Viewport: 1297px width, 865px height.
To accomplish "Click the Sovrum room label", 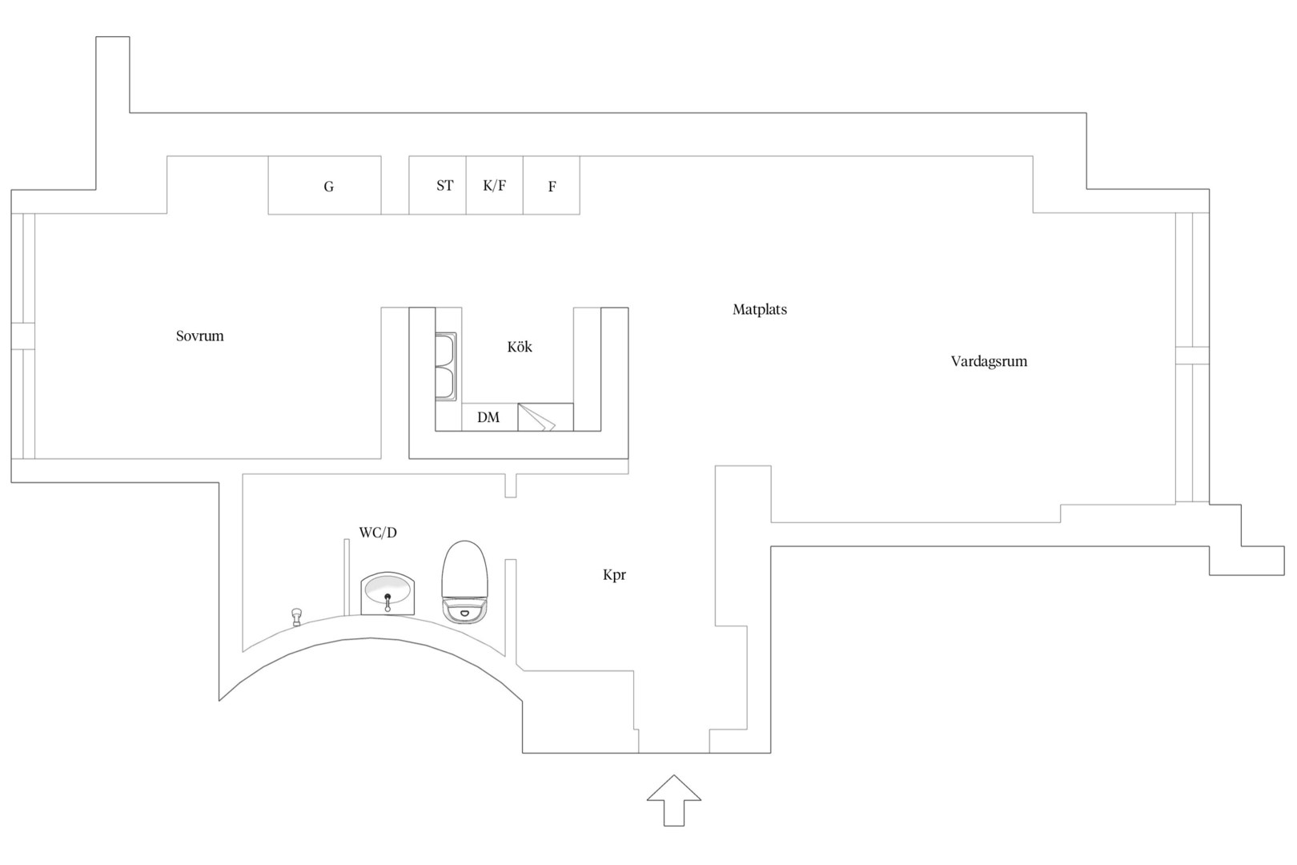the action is [200, 336].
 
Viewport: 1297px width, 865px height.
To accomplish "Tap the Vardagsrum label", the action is [989, 361].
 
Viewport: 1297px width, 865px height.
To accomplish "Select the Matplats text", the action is [760, 309].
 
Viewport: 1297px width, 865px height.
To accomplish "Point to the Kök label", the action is [520, 347].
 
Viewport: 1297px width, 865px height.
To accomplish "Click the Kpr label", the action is [614, 575].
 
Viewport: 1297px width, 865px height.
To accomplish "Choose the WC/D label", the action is [378, 533].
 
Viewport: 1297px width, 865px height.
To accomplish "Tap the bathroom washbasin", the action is [388, 593].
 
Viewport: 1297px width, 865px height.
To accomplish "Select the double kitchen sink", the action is [446, 367].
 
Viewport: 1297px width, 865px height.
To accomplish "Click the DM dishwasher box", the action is [489, 417].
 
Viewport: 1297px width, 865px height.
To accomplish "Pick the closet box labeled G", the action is [324, 185].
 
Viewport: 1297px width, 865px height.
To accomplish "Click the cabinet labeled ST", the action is [438, 185].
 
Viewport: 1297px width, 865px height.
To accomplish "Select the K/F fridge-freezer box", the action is [495, 185].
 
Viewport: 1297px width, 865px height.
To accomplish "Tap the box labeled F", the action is [551, 185].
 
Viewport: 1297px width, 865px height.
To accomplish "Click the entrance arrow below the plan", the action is [674, 800].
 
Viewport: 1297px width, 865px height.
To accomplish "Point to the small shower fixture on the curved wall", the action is [297, 617].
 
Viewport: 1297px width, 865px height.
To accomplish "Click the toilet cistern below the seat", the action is [465, 610].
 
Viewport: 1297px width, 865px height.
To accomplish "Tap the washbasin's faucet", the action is [388, 602].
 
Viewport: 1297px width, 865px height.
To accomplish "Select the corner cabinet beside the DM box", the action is [545, 417].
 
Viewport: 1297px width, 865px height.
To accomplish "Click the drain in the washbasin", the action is [388, 596].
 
